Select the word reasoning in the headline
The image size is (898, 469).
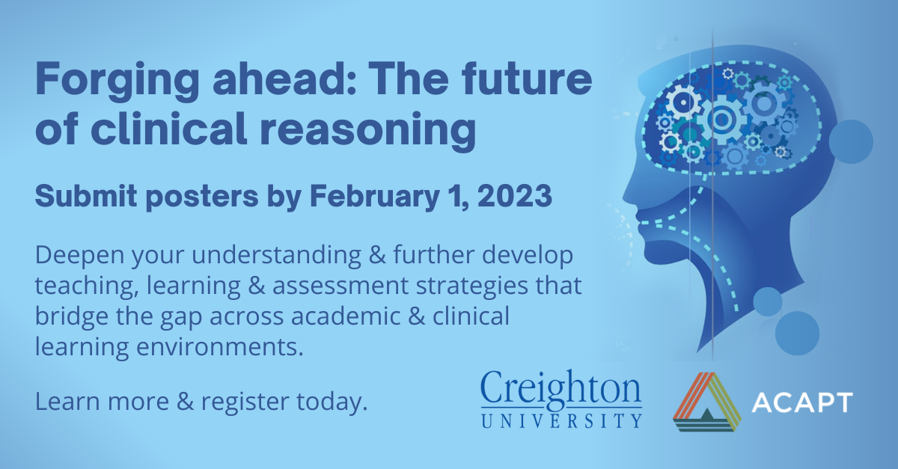click(x=368, y=132)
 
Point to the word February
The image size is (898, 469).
click(x=374, y=197)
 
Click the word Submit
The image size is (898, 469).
click(x=86, y=196)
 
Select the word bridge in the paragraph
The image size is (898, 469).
click(x=72, y=316)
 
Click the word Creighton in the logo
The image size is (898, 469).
click(x=561, y=387)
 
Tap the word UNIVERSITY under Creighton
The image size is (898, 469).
click(x=562, y=420)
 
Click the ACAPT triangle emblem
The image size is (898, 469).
click(x=706, y=402)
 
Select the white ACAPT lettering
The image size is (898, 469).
click(x=801, y=402)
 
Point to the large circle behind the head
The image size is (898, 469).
click(x=851, y=141)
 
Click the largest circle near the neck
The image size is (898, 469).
click(x=797, y=333)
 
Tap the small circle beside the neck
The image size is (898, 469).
click(x=767, y=301)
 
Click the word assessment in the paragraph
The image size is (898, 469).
click(x=340, y=286)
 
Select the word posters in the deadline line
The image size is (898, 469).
click(x=202, y=197)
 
